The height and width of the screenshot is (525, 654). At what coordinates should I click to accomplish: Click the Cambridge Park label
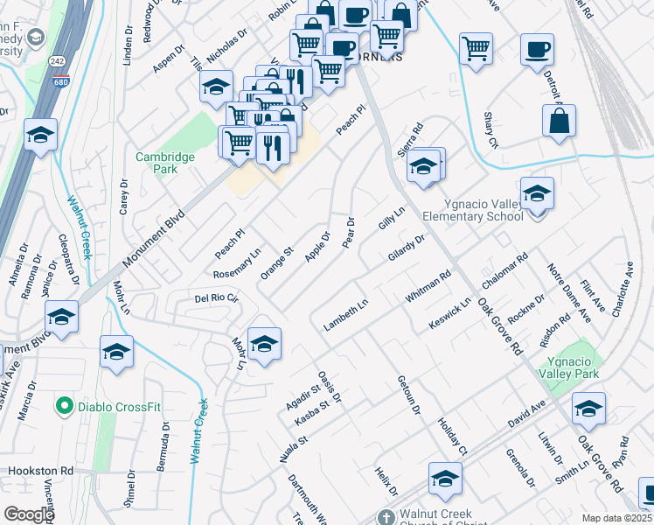point(165,163)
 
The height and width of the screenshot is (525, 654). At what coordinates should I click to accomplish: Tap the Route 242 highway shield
point(57,60)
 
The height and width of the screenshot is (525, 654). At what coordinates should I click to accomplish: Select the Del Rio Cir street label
point(217,298)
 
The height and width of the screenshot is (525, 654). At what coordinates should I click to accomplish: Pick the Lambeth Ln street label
point(346,315)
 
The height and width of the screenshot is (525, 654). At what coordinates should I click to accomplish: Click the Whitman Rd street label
point(428,287)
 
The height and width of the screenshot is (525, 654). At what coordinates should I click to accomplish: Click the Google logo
point(29,514)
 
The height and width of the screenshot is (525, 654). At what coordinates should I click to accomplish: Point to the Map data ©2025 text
point(617,518)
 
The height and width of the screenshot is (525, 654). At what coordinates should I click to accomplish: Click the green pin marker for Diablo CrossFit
point(64,406)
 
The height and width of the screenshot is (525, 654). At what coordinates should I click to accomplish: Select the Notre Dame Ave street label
point(569,290)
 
